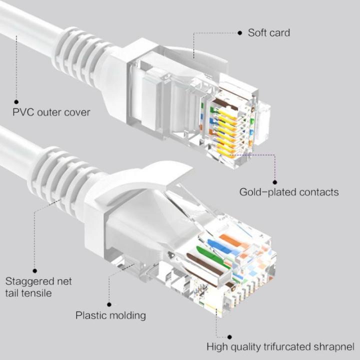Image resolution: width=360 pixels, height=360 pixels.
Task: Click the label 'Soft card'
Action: point(268,33)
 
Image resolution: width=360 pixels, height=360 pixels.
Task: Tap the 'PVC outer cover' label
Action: point(51,112)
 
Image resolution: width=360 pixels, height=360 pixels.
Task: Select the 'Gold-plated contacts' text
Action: point(288,192)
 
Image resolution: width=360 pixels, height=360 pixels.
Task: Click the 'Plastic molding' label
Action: point(110,315)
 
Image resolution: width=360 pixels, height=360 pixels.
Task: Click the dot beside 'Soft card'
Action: point(240,33)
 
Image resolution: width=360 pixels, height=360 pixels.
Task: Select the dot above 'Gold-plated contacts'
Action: point(274,181)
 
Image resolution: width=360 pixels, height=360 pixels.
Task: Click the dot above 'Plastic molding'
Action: point(109,303)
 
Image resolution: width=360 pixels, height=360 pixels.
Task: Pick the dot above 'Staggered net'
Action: point(34,270)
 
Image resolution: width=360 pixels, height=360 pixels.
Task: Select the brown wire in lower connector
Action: point(205,264)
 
